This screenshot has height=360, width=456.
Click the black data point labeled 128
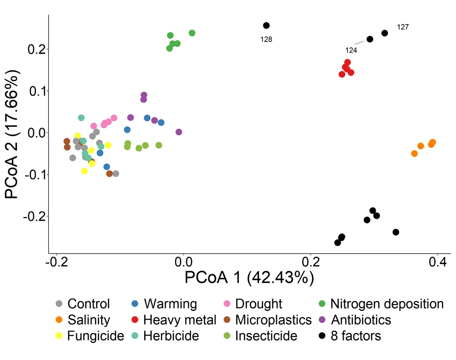[x=266, y=26]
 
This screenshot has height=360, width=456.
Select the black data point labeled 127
[x=384, y=33]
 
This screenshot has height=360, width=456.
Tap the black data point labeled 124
[x=370, y=39]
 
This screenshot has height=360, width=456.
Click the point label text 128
[x=266, y=39]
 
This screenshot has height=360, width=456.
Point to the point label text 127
[x=403, y=27]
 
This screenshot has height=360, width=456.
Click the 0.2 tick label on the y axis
[x=36, y=49]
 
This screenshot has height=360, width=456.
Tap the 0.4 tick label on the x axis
[x=438, y=262]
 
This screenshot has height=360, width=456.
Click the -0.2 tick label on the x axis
[x=57, y=262]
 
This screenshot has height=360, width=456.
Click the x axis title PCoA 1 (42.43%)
[x=249, y=277]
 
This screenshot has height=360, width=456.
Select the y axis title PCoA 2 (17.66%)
[x=12, y=134]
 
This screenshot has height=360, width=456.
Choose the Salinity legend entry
[x=83, y=320]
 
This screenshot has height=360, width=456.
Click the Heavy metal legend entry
[x=174, y=320]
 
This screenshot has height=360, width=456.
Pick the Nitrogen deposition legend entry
[x=381, y=304]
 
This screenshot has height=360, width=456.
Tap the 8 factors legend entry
[x=350, y=336]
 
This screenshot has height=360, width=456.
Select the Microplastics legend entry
[x=268, y=320]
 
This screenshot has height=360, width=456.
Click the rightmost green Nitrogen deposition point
[x=192, y=33]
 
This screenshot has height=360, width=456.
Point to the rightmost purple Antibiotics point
[x=179, y=132]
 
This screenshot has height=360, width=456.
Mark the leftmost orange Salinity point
[x=415, y=153]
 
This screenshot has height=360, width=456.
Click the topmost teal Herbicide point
[x=81, y=118]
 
